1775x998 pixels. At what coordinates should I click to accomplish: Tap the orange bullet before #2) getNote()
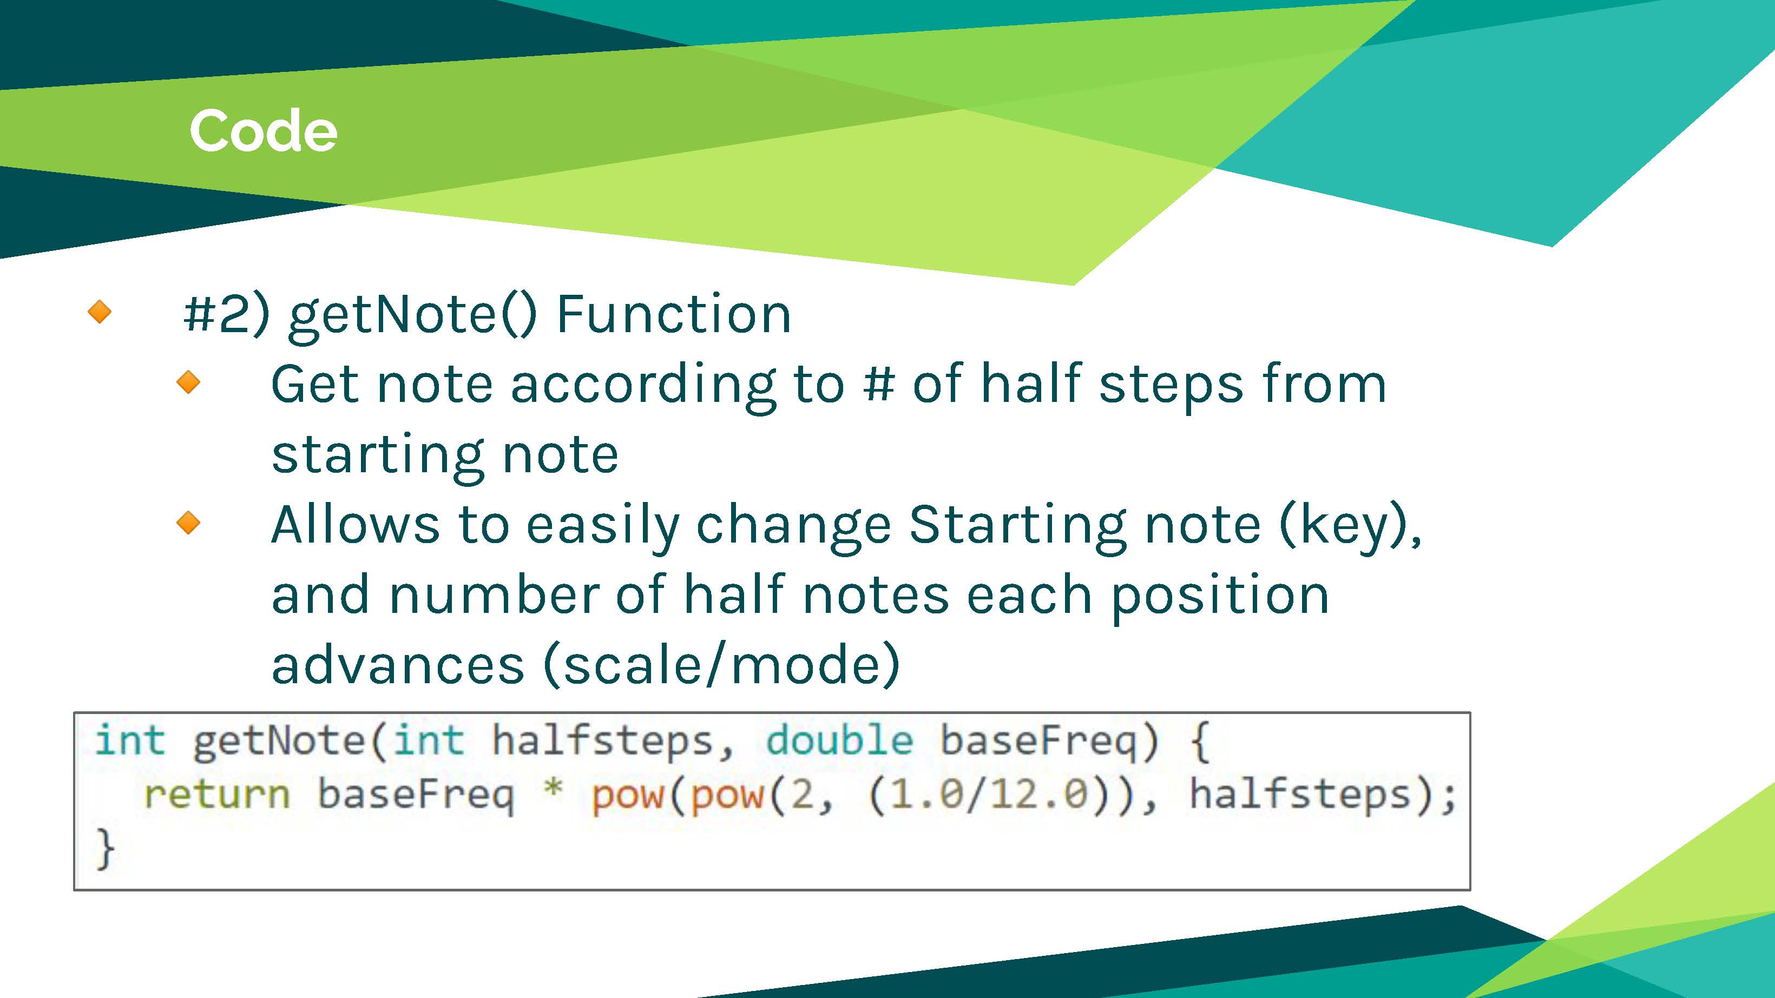pyautogui.click(x=100, y=312)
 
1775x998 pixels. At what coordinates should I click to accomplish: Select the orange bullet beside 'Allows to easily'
pyautogui.click(x=188, y=523)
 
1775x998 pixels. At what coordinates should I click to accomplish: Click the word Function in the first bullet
pyautogui.click(x=673, y=314)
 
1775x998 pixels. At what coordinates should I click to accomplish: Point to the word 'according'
pyautogui.click(x=643, y=388)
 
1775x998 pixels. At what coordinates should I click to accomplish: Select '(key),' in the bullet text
pyautogui.click(x=1351, y=527)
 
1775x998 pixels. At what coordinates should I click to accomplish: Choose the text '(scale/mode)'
pyautogui.click(x=722, y=665)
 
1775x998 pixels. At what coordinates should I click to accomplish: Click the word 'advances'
pyautogui.click(x=398, y=665)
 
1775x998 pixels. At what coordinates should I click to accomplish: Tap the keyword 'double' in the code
pyautogui.click(x=839, y=741)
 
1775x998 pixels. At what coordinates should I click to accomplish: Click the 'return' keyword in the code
pyautogui.click(x=217, y=794)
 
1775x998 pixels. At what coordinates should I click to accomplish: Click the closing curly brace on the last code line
pyautogui.click(x=105, y=849)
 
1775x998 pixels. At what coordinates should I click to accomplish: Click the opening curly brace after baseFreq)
pyautogui.click(x=1200, y=741)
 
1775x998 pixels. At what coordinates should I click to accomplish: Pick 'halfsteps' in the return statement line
pyautogui.click(x=1300, y=794)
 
